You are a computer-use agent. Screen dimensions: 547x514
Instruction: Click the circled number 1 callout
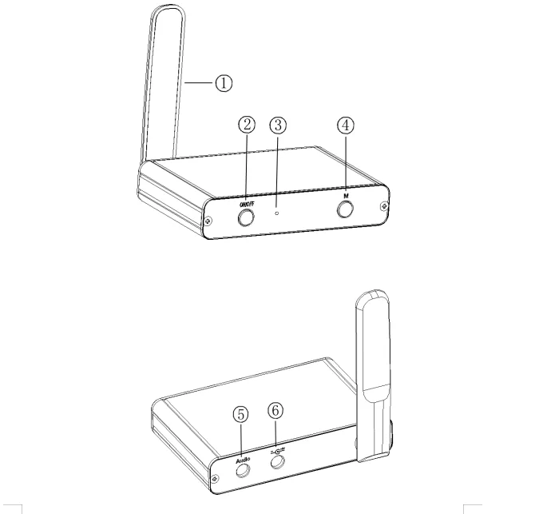pos(224,83)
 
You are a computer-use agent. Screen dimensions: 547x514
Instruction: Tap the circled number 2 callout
pos(247,125)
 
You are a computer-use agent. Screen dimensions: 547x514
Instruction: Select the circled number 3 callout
pos(278,125)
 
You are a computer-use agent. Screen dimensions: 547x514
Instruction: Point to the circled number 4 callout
pos(345,125)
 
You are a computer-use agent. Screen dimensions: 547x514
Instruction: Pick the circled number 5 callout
pos(240,415)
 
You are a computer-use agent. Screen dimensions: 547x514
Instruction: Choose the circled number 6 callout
pos(275,411)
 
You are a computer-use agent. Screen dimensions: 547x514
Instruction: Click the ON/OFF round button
pos(246,217)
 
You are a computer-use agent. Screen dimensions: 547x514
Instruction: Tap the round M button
pos(345,210)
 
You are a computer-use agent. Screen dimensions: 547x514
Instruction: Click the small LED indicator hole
pos(277,213)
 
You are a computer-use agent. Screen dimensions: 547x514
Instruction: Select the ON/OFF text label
pos(248,205)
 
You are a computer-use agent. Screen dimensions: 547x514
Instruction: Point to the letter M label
pos(346,196)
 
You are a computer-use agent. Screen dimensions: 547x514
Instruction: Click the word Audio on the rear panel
pos(243,461)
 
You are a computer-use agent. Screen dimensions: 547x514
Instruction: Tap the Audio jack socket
pos(243,471)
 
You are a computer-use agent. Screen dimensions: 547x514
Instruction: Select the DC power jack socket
pos(278,462)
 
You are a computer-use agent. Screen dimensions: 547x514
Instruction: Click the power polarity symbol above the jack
pos(278,451)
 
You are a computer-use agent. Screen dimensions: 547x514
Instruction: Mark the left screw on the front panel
pos(208,221)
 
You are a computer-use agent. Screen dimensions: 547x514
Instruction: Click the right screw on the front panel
pos(384,206)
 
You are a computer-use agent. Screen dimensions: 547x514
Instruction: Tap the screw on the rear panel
pos(216,478)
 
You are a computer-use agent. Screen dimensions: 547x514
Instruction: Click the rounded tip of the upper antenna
pos(168,8)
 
